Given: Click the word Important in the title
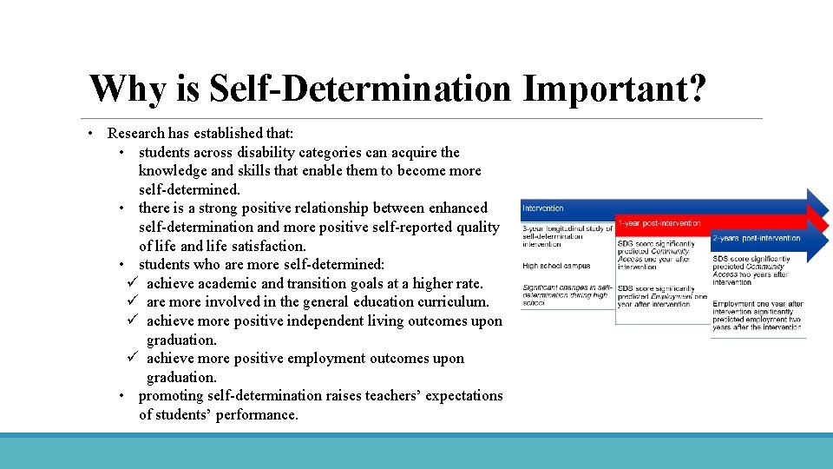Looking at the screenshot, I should [613, 89].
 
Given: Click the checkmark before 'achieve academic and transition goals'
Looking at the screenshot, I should [132, 283].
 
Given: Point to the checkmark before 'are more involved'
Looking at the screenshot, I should [132, 302].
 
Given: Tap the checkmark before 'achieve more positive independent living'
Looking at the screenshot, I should [132, 321].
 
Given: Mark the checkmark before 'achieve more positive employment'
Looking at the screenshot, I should [132, 359].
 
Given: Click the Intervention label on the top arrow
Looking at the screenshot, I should [543, 208].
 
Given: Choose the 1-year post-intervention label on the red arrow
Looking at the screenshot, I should [659, 223].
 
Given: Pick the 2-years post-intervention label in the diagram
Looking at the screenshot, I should [756, 238].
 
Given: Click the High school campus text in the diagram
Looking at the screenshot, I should [556, 266].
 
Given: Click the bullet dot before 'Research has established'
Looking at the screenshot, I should [90, 134].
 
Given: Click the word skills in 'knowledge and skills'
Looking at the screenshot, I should [266, 171].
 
